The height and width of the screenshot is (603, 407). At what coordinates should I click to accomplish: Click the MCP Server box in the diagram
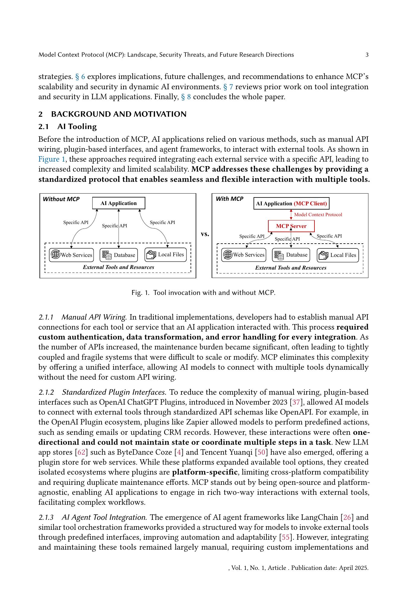click(x=291, y=226)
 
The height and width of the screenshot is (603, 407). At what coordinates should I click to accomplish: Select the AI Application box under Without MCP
click(x=118, y=203)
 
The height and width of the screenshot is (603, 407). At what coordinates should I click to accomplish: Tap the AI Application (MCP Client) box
click(x=291, y=204)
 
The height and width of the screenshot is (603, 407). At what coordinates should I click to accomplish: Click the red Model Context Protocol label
click(x=318, y=215)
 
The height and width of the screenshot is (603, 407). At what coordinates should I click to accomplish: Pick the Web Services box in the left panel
click(x=71, y=255)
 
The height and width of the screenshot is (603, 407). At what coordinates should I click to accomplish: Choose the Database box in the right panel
click(x=291, y=255)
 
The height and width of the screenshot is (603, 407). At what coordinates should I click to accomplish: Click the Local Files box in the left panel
click(x=166, y=254)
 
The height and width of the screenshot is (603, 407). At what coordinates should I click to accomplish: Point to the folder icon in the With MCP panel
click(x=323, y=255)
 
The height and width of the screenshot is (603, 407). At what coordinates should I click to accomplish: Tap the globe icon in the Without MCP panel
click(x=55, y=254)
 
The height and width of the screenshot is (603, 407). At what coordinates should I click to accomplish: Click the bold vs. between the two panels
click(x=205, y=234)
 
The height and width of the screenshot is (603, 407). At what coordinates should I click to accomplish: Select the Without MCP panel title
click(x=61, y=199)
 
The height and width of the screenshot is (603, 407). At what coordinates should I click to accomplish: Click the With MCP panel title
click(x=229, y=199)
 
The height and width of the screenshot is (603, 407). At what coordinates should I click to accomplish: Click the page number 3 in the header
click(x=367, y=55)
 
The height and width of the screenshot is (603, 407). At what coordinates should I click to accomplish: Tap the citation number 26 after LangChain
click(x=347, y=517)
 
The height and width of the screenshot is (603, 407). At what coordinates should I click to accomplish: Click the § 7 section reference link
click(x=228, y=87)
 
